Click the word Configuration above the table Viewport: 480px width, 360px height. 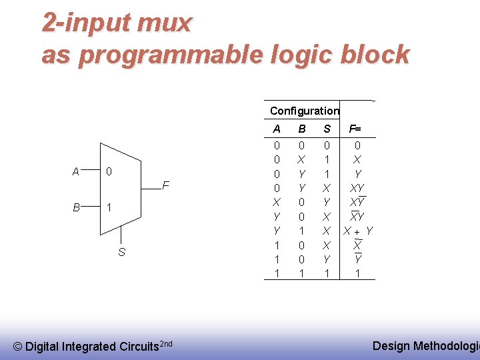(x=304, y=111)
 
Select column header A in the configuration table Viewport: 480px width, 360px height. (x=277, y=129)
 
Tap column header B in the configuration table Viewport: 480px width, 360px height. (x=301, y=129)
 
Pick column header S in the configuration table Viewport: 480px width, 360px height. (x=327, y=129)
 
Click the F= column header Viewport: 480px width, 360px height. (x=356, y=129)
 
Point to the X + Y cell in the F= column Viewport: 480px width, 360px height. (x=357, y=231)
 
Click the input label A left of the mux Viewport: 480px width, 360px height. (x=76, y=172)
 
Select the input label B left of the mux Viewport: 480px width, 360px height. (x=76, y=207)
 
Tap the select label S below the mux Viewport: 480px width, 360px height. (x=121, y=252)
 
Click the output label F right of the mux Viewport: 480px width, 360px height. (x=166, y=185)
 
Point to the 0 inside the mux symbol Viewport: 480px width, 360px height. (x=109, y=172)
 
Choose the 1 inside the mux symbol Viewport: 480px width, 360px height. (x=109, y=207)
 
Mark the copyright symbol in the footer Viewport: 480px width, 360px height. (x=18, y=346)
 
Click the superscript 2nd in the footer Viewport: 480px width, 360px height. (x=167, y=343)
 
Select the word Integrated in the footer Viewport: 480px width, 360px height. (x=89, y=346)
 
